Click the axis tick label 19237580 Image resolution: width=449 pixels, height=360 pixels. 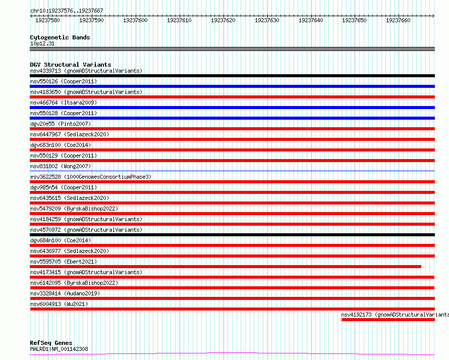point(47,20)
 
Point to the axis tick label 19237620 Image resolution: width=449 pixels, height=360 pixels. point(223,20)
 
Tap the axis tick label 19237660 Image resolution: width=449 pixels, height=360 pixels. point(398,20)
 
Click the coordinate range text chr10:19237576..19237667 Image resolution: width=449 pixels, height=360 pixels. point(67,11)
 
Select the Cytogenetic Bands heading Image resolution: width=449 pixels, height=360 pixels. point(60,37)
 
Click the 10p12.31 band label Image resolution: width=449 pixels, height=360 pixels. point(42,43)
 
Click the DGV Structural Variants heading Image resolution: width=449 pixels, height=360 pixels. point(71,65)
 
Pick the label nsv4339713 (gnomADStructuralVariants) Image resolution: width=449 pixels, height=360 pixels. point(86,71)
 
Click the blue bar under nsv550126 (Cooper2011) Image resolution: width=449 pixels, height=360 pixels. point(232,86)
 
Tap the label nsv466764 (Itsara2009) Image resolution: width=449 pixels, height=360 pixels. point(64,102)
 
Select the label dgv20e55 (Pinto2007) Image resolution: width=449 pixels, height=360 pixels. point(61,124)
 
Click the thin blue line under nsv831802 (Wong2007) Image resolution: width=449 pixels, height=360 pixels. point(232,171)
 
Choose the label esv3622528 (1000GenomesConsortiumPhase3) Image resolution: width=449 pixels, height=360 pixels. point(91,177)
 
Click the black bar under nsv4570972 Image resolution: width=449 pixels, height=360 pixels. point(232,235)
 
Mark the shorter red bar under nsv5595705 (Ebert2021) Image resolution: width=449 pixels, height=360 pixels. point(226,267)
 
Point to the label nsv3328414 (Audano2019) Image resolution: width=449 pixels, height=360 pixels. point(65,293)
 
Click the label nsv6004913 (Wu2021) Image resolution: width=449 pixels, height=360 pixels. point(59,304)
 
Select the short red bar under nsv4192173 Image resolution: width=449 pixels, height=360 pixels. point(388,320)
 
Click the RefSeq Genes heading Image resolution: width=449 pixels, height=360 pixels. point(51,343)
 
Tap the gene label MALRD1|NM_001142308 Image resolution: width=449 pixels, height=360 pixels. point(59,349)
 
